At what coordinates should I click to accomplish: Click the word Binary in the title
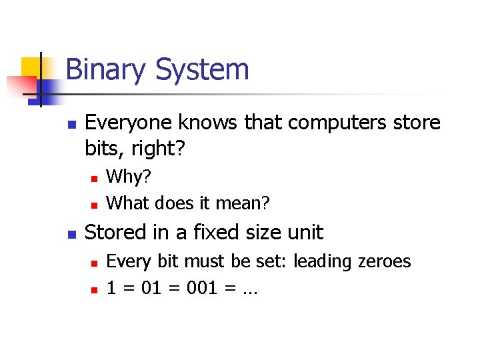click(x=109, y=70)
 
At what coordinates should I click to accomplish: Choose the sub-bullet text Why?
click(x=129, y=177)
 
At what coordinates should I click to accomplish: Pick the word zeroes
click(x=386, y=261)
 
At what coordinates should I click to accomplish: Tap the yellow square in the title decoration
click(x=31, y=67)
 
